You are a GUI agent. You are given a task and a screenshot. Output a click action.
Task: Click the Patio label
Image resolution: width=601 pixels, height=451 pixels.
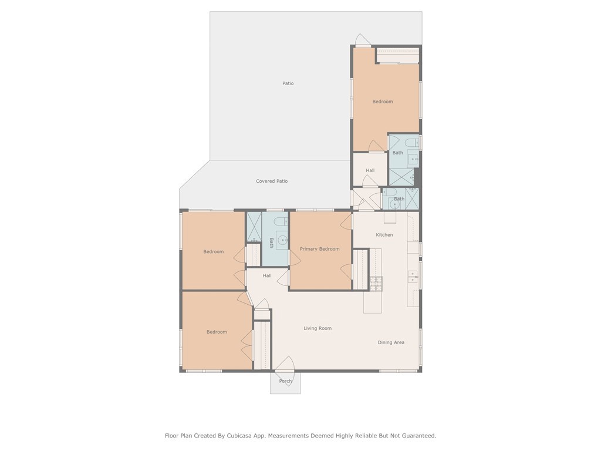[x=288, y=83]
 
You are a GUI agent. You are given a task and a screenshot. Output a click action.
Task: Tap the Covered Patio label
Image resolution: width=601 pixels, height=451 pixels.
[x=272, y=181]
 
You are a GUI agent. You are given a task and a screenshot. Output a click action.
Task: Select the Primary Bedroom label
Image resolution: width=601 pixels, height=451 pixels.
[x=320, y=249]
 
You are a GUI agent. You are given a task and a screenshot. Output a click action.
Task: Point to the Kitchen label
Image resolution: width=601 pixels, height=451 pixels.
[x=384, y=235]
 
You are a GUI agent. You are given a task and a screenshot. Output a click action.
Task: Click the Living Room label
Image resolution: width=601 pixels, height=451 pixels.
[x=318, y=328]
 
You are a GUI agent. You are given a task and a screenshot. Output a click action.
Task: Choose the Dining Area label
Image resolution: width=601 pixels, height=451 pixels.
[x=391, y=342]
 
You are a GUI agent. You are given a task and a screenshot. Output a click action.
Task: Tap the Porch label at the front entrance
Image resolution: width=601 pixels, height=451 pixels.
[x=285, y=381]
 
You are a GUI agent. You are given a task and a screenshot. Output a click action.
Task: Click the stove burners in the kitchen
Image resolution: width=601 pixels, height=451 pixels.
[x=376, y=284]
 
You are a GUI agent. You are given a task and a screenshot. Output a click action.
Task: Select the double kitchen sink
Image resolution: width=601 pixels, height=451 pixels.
[x=413, y=277]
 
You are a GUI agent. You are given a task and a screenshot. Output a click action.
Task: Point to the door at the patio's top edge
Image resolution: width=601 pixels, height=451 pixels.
[x=362, y=40]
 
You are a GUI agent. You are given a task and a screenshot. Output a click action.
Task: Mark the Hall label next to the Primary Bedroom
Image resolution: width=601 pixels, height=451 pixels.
[x=267, y=275]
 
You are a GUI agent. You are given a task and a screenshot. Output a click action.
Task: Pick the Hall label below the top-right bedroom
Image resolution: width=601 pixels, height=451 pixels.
[x=370, y=170]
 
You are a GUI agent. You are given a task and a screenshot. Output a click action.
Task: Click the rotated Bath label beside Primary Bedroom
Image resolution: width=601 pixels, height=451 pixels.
[x=271, y=243]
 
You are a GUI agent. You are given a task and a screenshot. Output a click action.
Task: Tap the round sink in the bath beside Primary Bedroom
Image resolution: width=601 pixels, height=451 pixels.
[x=283, y=240]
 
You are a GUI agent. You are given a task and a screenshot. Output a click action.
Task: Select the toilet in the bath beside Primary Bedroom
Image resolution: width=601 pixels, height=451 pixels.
[x=281, y=221]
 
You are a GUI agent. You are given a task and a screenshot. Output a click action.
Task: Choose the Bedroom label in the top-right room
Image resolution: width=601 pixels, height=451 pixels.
[x=383, y=102]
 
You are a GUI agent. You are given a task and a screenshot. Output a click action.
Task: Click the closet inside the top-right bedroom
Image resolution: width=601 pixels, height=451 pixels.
[x=397, y=55]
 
